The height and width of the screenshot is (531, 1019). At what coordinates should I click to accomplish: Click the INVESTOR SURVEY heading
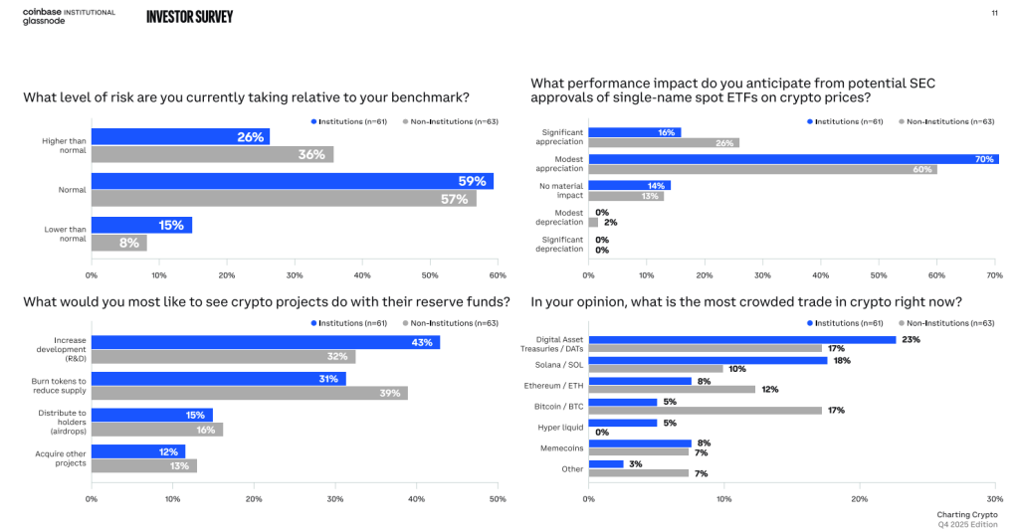coord(189,17)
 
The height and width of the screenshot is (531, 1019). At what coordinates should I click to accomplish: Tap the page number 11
coord(994,13)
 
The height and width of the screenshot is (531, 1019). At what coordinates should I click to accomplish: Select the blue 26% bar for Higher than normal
coord(180,136)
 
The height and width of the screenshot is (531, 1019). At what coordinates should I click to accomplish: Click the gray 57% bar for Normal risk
coord(284,198)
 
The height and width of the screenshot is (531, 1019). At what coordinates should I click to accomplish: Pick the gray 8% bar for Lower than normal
coord(118,242)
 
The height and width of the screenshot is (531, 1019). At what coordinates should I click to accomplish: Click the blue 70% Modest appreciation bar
coord(793,158)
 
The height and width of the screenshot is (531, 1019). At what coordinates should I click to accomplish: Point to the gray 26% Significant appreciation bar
coord(664,142)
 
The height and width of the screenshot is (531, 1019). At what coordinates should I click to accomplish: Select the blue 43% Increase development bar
coord(266,342)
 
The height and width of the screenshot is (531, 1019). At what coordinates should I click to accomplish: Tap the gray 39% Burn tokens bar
coord(249,393)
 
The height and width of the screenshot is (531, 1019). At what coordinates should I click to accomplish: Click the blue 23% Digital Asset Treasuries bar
coord(742,339)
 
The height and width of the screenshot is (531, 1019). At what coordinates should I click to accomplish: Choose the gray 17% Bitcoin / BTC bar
coord(706,410)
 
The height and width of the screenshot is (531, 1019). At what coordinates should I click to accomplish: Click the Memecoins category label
coord(561,447)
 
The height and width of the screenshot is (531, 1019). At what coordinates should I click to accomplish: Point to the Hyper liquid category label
coord(560,427)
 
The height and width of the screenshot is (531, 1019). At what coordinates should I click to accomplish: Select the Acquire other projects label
coord(64,458)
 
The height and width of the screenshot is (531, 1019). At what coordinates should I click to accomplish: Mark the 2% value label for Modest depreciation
coord(610,222)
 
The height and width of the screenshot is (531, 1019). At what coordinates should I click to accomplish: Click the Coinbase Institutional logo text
coord(69,12)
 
